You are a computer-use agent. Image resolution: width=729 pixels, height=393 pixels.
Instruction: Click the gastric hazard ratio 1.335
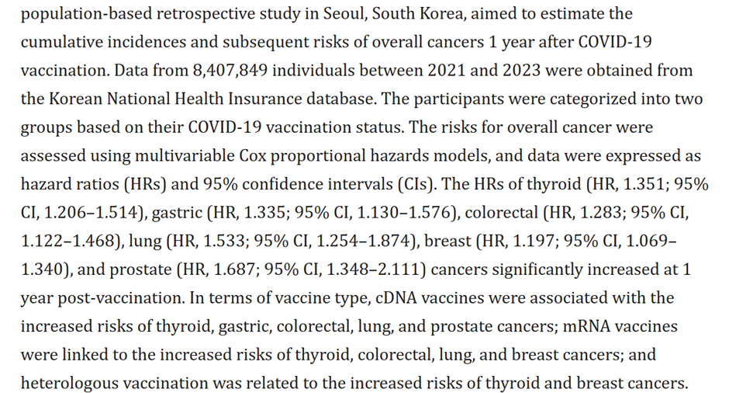(x=247, y=212)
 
